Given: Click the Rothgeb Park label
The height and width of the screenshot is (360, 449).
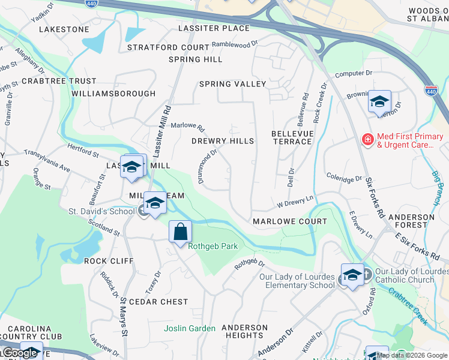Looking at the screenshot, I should click(212, 246).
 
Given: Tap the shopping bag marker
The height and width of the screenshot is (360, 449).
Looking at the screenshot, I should click(180, 232).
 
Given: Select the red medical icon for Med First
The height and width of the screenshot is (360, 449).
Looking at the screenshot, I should click(367, 140).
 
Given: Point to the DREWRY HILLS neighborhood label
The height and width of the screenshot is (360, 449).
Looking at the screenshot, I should click(223, 141).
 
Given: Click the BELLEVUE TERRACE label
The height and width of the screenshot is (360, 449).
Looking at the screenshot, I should click(292, 137).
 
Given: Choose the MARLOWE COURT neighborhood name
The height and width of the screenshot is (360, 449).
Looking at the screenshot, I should click(290, 221).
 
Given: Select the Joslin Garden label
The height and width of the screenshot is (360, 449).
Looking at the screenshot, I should click(190, 328).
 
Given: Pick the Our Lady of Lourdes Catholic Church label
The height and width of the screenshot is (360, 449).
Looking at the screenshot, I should click(406, 276).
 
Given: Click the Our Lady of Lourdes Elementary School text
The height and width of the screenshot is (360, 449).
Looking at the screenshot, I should click(297, 281).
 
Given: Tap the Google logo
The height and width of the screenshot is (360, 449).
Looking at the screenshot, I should click(19, 353).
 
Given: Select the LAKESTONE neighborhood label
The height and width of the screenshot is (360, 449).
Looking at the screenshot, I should click(64, 29).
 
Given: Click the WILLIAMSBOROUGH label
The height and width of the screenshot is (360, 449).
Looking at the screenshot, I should click(113, 94).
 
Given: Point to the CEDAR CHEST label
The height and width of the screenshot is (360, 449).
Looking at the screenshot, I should click(158, 302).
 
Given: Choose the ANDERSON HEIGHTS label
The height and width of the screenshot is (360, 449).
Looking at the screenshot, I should click(244, 332).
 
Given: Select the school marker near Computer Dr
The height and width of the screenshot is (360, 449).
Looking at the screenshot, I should click(379, 102).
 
